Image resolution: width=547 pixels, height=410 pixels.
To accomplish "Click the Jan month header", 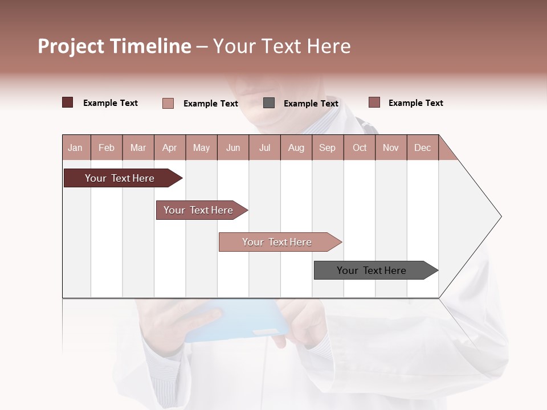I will (x=75, y=147).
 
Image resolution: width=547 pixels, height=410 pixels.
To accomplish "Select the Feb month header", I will (x=107, y=147).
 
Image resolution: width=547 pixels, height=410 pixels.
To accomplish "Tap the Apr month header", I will (x=169, y=147).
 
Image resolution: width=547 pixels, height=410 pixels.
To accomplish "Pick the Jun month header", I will (x=233, y=147).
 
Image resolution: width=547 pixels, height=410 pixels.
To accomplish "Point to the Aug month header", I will (x=296, y=147).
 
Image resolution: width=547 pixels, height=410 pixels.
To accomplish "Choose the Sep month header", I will (x=327, y=147).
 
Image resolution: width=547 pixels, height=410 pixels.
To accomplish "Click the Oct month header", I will (x=360, y=147).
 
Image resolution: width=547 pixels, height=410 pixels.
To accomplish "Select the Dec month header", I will (x=422, y=147).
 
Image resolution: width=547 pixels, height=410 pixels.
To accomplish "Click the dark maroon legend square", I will (x=67, y=102).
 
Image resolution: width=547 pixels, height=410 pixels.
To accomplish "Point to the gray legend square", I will (x=269, y=102).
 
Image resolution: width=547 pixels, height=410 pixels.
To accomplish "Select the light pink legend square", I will (x=168, y=103).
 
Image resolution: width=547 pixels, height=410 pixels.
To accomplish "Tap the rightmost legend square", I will (x=374, y=102).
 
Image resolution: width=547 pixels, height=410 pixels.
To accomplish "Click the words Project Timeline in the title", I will (x=115, y=46).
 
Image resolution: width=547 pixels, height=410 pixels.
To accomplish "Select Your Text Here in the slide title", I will (x=281, y=46).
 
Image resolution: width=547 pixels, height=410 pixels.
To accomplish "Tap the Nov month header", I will (x=390, y=147).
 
